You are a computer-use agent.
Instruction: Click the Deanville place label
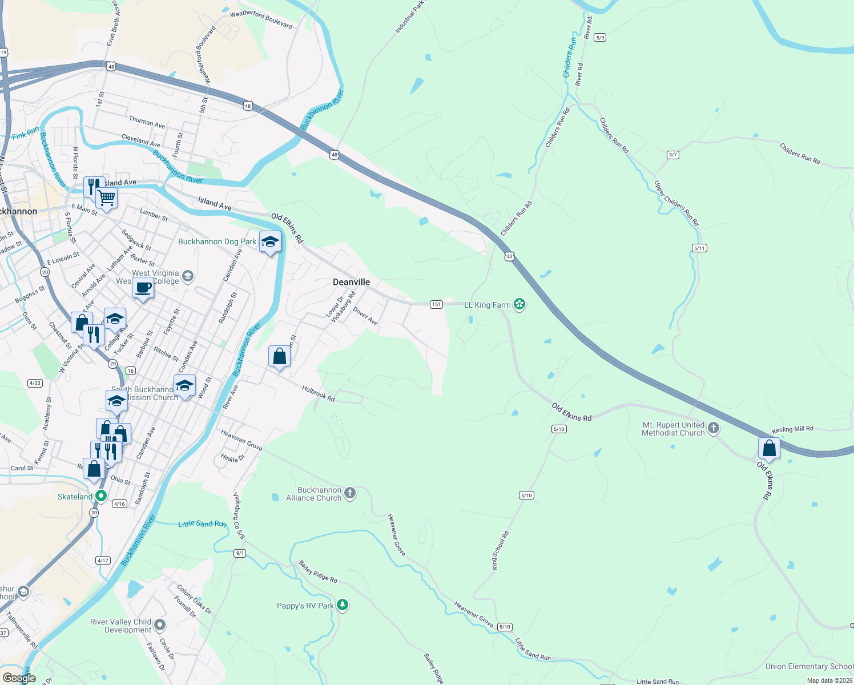(351, 282)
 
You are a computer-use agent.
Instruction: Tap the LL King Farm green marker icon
(519, 304)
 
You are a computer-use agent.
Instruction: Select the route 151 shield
(436, 304)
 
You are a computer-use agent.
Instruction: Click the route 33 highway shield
(509, 256)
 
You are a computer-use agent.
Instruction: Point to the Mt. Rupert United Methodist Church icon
(713, 428)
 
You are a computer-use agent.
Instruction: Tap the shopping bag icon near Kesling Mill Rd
(769, 448)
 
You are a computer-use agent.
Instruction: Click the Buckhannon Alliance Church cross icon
(350, 494)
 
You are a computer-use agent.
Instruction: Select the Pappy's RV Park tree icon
(342, 605)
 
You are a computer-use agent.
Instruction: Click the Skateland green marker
(101, 496)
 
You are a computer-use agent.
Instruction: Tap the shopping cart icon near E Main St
(106, 199)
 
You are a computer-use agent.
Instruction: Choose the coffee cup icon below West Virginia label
(143, 288)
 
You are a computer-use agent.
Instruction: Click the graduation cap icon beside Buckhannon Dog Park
(270, 241)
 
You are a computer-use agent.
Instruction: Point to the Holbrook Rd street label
(318, 394)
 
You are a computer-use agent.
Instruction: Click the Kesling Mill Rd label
(792, 429)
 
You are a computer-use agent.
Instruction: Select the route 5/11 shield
(699, 248)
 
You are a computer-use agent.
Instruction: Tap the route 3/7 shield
(673, 155)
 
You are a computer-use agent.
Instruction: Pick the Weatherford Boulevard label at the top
(261, 19)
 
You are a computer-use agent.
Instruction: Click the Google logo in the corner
(19, 678)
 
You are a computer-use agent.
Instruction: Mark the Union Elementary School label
(809, 666)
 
